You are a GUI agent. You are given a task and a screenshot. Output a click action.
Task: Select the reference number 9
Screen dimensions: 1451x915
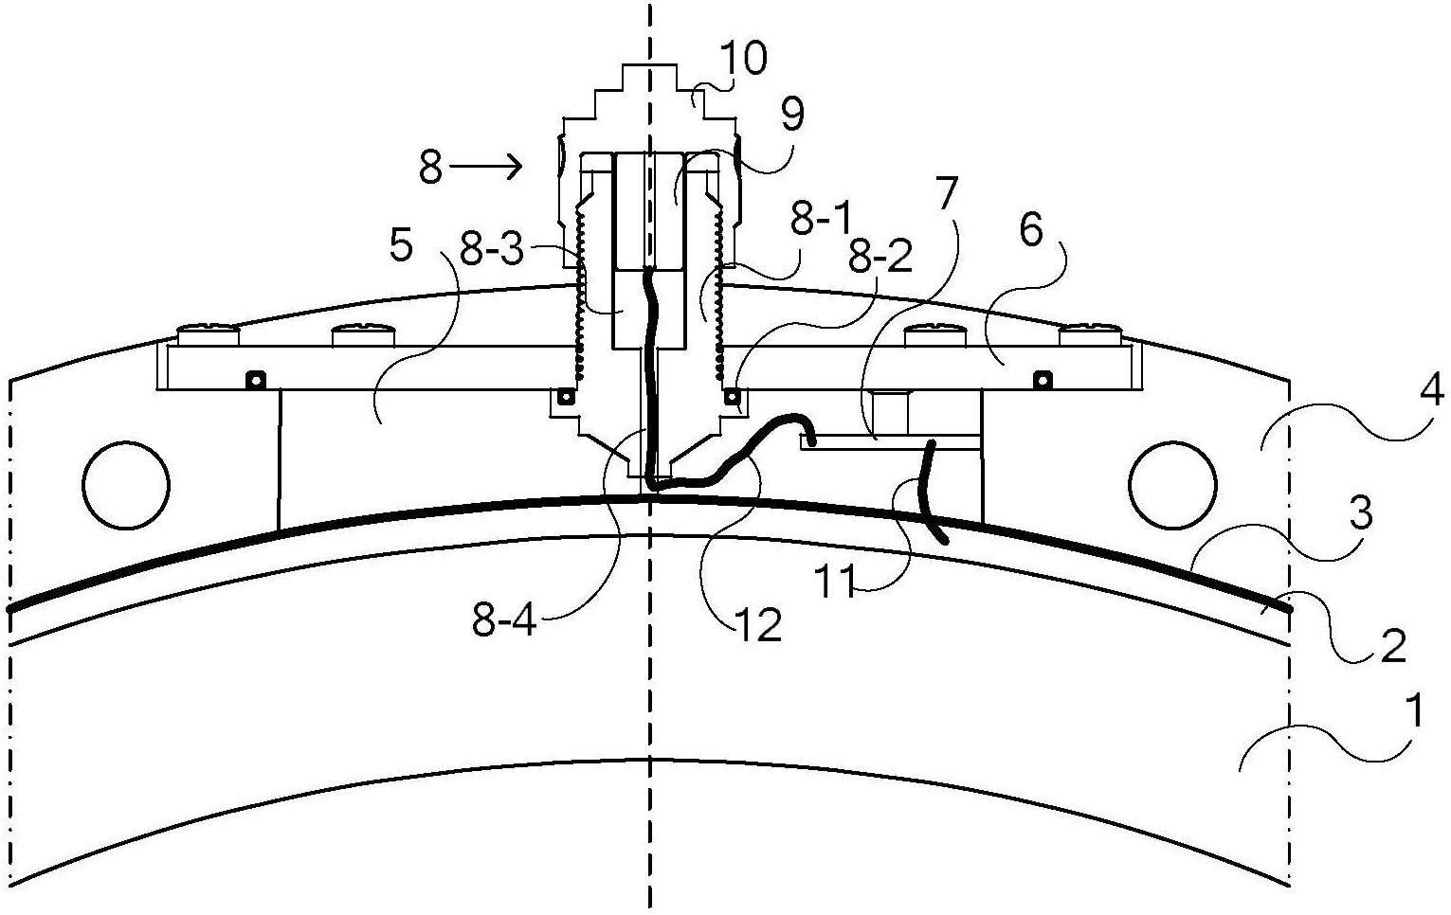792,115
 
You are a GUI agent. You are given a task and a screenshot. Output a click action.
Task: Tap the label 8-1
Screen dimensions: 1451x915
820,219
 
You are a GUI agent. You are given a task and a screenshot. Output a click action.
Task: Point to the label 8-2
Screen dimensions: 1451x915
880,256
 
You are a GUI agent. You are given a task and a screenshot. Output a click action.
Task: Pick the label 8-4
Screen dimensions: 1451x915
504,621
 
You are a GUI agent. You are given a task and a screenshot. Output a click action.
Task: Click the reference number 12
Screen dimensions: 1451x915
758,625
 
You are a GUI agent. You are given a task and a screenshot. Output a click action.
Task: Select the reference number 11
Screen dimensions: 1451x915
834,581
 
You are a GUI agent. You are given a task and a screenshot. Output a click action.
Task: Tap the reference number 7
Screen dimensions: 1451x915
946,191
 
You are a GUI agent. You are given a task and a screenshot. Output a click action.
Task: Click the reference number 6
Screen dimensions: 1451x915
1031,230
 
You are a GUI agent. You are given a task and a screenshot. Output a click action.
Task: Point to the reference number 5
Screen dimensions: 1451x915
401,246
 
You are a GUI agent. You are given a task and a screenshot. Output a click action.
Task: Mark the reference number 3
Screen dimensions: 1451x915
1361,512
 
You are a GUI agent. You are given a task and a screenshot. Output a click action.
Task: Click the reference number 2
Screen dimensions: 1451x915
1392,645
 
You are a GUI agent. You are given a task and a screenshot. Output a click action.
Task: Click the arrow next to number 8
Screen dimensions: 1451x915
485,167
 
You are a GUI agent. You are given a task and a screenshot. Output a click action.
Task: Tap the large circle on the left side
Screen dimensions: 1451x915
126,485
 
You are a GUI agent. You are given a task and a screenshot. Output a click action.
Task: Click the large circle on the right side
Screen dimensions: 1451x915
1171,485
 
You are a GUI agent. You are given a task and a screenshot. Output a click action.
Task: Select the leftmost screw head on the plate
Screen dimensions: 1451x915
209,336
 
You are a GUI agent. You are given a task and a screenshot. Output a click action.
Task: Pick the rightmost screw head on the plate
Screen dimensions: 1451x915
1090,336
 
